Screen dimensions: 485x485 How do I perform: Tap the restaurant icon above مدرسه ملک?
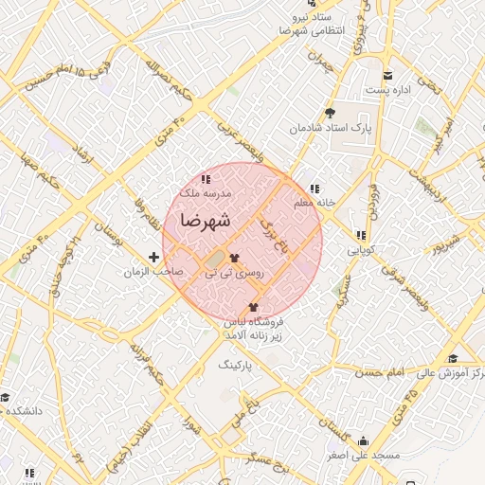pyautogui.click(x=206, y=178)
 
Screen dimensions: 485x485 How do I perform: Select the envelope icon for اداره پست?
pyautogui.click(x=386, y=77)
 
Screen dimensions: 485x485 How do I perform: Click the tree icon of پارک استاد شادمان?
pyautogui.click(x=329, y=113)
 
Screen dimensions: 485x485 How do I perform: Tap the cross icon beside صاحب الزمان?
pyautogui.click(x=154, y=257)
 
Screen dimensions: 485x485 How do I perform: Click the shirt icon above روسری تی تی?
pyautogui.click(x=233, y=257)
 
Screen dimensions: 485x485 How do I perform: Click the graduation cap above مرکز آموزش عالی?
pyautogui.click(x=453, y=359)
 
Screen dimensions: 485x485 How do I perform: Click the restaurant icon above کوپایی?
pyautogui.click(x=360, y=236)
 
